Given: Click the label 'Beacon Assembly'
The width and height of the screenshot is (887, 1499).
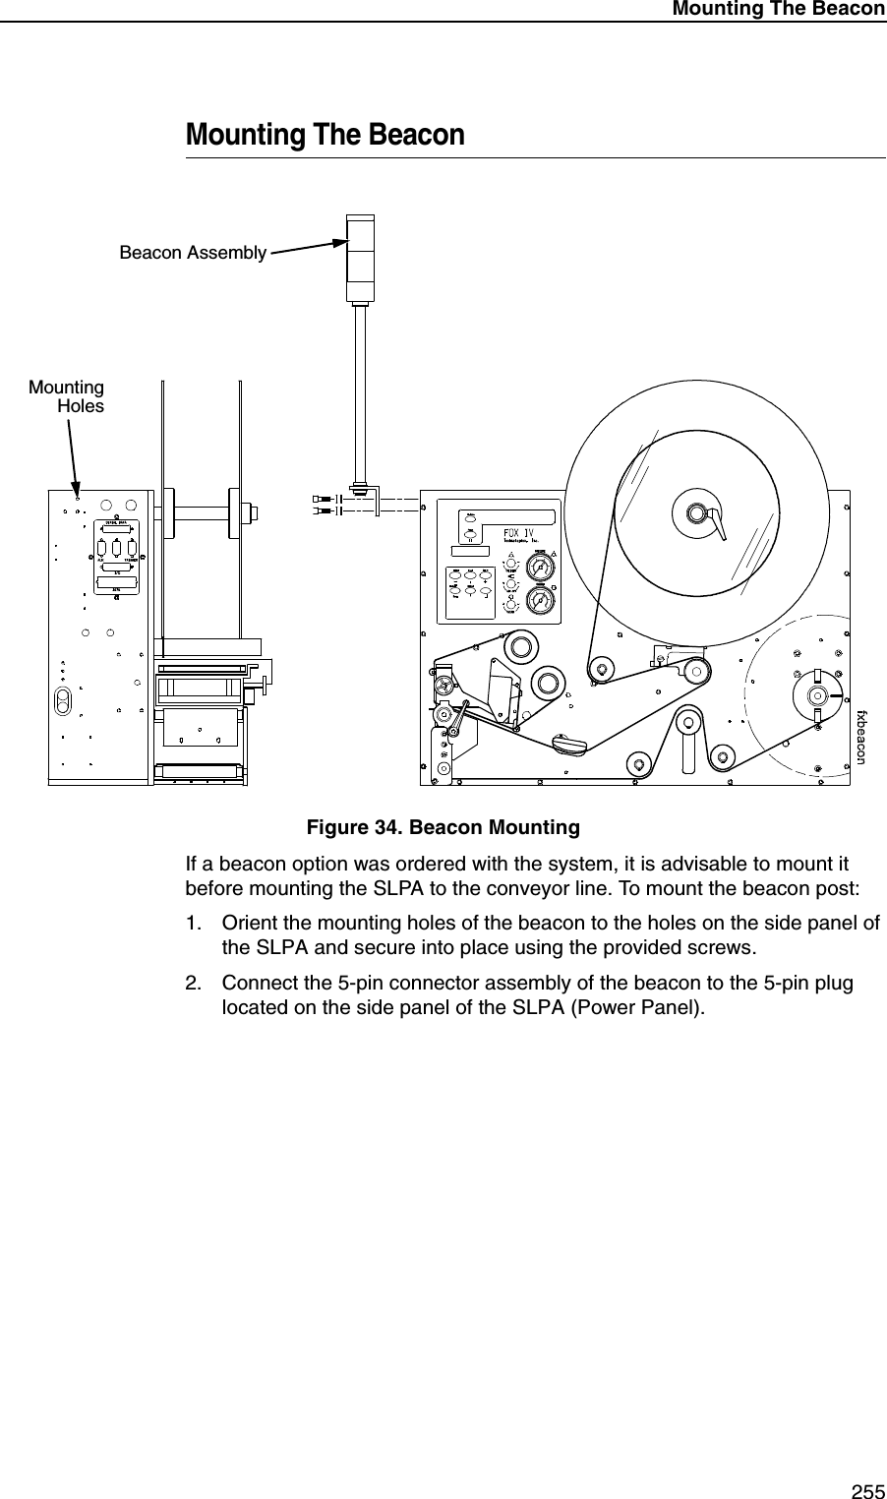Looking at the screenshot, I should [193, 253].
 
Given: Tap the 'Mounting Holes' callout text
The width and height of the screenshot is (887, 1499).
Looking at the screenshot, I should [68, 396].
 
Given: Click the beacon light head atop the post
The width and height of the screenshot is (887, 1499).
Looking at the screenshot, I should [360, 257].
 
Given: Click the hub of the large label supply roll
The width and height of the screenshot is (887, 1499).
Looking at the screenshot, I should [696, 513].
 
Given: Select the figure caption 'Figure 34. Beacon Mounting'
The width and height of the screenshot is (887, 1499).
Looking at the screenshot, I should [443, 827].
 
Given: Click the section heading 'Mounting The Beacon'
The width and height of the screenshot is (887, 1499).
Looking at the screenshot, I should [325, 134].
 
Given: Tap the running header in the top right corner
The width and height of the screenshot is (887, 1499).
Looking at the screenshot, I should [778, 9].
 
